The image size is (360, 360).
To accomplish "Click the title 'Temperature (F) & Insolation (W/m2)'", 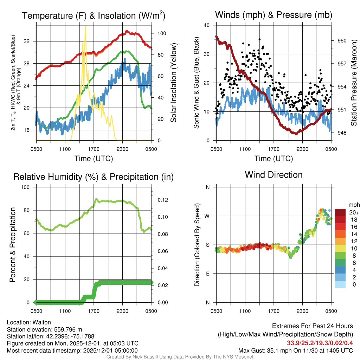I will [x=94, y=16].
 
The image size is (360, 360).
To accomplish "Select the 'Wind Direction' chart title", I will [x=274, y=175].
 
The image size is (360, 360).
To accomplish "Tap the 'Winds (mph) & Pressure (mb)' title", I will [x=274, y=15].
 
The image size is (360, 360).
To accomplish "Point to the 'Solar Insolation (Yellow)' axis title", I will [x=173, y=83].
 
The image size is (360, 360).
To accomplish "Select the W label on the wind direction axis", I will [x=207, y=216].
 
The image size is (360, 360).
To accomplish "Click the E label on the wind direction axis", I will [x=208, y=274].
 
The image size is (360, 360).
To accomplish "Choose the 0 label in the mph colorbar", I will [x=352, y=284].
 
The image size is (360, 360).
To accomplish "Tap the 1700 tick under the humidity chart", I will [x=94, y=311].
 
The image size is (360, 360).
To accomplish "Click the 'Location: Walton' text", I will [x=29, y=322].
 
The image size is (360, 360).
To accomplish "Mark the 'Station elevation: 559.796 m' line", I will [x=44, y=329].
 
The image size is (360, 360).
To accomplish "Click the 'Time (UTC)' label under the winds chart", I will [x=274, y=159].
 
